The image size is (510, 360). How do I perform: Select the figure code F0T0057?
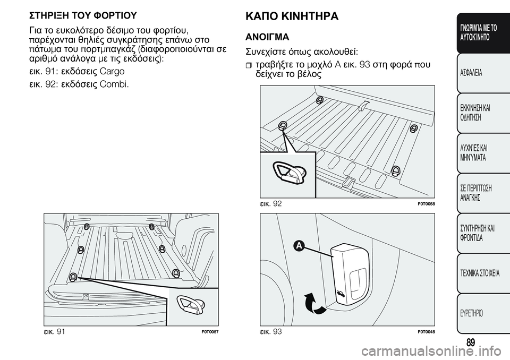click(x=210, y=332)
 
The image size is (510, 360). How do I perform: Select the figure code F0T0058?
click(x=426, y=203)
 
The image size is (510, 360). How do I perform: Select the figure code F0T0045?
click(x=426, y=332)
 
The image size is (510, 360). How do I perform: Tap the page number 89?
click(x=471, y=342)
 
